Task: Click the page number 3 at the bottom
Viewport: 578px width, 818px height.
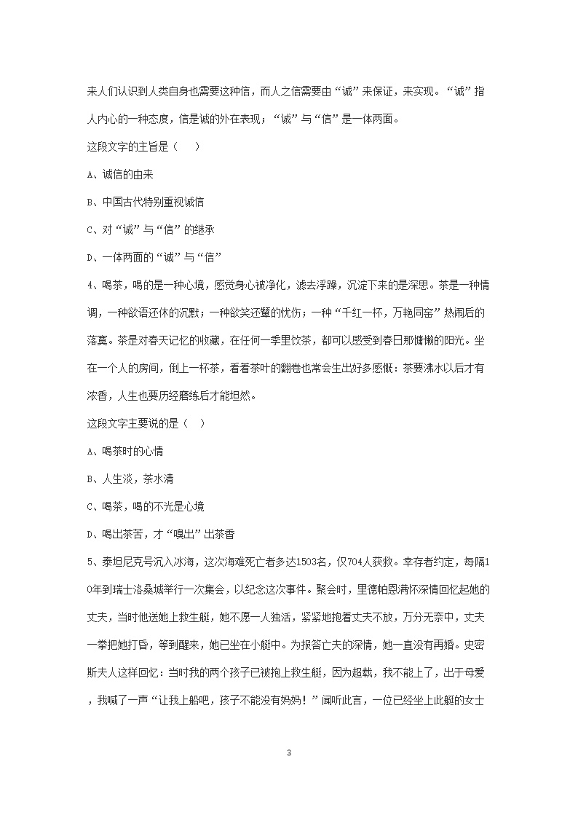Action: pos(289,732)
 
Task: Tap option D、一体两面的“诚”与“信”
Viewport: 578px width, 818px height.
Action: pos(154,257)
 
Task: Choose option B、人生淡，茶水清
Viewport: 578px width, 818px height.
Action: pos(130,479)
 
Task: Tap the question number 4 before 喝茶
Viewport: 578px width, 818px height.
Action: pos(90,285)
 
